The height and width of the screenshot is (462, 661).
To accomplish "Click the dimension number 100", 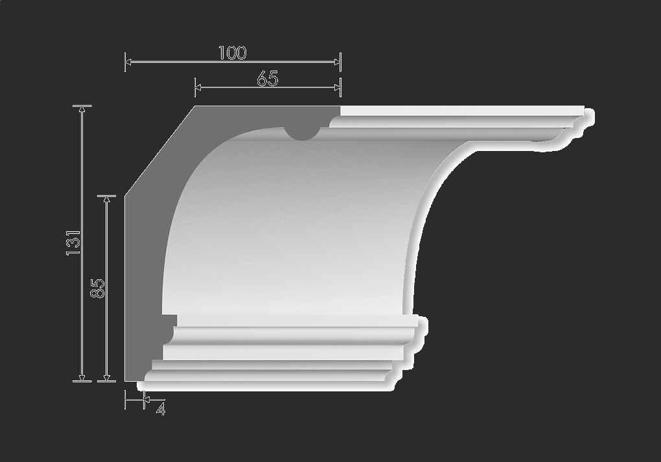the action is (x=232, y=52).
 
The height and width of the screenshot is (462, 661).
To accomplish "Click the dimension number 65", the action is (x=267, y=79).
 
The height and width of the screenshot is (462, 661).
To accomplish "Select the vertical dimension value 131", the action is (x=73, y=242).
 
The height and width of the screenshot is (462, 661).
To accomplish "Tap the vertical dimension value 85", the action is (x=97, y=288).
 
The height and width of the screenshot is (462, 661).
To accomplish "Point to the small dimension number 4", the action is (x=161, y=409).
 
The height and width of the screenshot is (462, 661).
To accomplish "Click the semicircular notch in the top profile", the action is (x=301, y=133).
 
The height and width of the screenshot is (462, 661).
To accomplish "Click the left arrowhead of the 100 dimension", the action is (x=128, y=62).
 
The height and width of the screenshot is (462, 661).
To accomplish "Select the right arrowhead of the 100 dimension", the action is (x=337, y=62).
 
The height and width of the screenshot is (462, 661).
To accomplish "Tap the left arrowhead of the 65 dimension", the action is (x=198, y=87).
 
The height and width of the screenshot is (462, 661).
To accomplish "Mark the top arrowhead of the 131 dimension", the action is (x=82, y=109).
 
